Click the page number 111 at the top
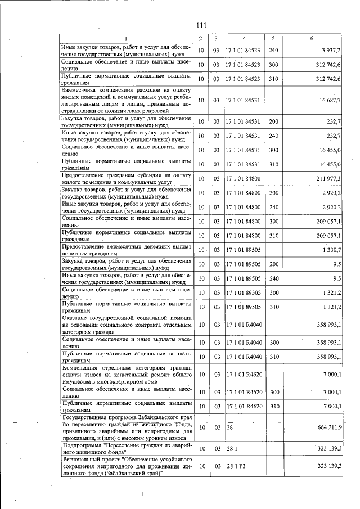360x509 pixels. (202, 25)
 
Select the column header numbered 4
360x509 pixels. (244, 38)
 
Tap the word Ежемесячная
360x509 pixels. (83, 90)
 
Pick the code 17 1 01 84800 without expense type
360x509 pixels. (244, 178)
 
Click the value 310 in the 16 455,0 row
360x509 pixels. (274, 164)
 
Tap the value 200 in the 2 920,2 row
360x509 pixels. (274, 193)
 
